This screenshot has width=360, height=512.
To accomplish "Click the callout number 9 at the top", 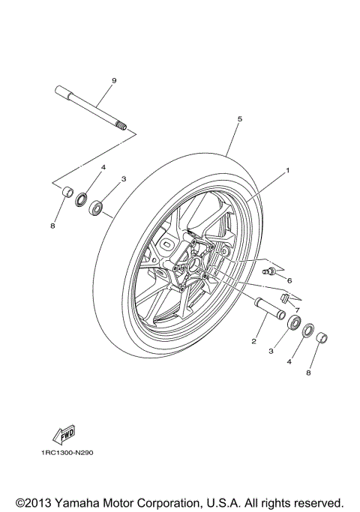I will point(114,80).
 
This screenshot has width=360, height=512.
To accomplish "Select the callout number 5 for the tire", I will point(239,118).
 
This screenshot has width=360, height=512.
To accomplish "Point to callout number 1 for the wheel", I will point(287,171).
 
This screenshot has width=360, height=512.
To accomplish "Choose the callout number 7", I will point(297,308).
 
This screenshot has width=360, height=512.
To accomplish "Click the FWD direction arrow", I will point(59,434).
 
